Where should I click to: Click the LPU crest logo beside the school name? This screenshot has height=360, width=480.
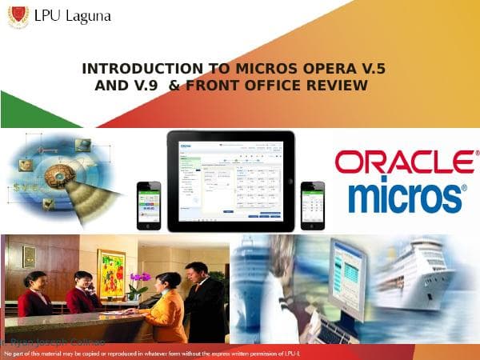point(18,16)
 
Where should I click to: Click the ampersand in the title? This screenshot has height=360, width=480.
point(174,85)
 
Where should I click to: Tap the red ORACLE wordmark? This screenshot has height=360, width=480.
point(404,162)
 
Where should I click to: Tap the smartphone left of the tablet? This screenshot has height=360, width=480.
point(148,204)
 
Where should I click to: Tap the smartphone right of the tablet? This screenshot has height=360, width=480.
point(312,204)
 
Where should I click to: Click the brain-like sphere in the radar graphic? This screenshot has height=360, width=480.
point(58,174)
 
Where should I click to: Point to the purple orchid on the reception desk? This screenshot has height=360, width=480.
point(140,279)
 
